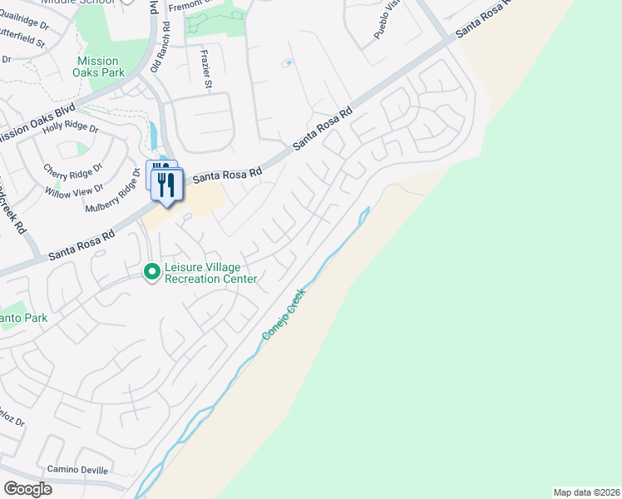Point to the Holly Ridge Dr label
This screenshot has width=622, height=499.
[71, 127]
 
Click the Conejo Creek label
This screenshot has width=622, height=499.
[284, 313]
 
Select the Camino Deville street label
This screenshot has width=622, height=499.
[77, 470]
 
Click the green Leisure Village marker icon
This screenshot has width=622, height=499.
[152, 272]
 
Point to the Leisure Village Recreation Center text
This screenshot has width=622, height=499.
[211, 273]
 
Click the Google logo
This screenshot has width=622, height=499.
[27, 488]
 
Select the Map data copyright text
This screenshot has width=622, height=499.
[586, 492]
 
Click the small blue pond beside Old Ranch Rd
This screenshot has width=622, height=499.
[153, 133]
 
